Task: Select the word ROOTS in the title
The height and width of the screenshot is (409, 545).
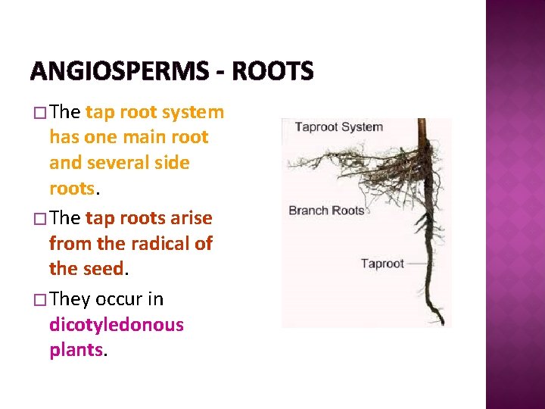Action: click(x=273, y=72)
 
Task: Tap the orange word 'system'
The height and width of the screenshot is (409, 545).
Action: click(x=195, y=112)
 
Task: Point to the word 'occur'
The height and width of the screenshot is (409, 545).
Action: click(x=120, y=299)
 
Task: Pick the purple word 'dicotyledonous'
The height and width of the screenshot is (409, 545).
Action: click(x=117, y=325)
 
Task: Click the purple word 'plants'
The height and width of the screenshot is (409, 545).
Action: click(x=76, y=350)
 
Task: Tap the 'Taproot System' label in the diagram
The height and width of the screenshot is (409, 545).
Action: click(x=338, y=127)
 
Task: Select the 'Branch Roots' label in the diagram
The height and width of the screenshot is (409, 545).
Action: click(x=326, y=210)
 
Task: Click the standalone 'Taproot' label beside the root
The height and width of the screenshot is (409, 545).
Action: click(x=382, y=264)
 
